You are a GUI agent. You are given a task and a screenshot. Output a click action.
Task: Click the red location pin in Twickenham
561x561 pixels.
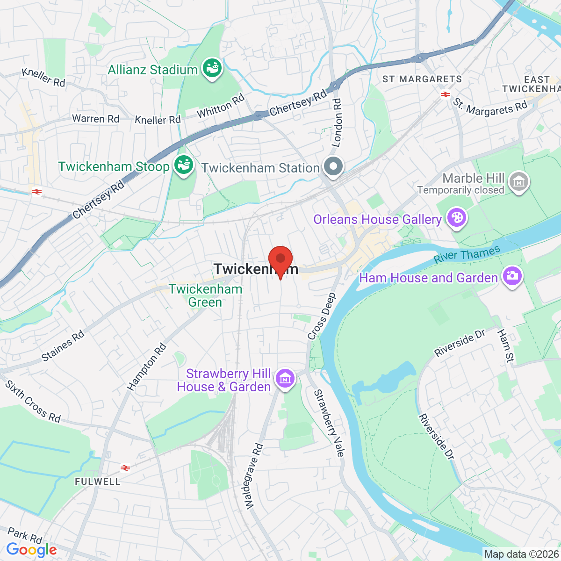coord(280,259)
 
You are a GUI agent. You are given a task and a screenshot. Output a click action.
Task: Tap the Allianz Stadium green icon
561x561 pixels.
coord(212,68)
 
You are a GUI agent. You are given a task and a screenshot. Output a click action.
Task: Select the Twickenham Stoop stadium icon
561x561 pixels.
coord(183,165)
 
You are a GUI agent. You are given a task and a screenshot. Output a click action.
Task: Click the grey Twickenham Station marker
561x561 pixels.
coord(333,166)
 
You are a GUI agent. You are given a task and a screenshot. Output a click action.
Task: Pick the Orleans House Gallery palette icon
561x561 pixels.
coord(456,218)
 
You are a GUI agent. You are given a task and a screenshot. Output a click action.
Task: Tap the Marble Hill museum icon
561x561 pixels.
coord(518,181)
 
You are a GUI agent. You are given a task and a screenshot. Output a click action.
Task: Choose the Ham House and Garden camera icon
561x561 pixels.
coord(512,276)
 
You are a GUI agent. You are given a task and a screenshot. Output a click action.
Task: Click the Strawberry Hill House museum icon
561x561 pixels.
coord(285,378)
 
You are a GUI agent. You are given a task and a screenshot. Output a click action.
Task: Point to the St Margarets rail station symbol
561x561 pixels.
coord(445,94)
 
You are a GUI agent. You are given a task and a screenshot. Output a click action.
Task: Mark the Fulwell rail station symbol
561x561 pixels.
coord(125,467)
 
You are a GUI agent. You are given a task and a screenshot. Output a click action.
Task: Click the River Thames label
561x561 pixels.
coord(467,255)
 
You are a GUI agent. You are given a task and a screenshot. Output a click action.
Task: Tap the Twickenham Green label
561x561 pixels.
coord(206,295)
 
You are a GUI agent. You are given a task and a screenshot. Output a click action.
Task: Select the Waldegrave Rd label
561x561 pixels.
coord(254,476)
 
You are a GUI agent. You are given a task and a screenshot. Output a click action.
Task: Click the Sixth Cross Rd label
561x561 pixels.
coord(33,402)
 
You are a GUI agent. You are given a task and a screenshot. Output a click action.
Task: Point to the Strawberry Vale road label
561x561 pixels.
coord(329,423)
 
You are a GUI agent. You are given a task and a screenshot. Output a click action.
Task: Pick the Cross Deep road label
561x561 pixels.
coord(322,316)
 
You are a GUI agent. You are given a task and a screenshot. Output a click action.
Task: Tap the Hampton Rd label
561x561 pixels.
coord(147,367)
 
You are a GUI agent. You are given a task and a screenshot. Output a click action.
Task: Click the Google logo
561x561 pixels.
coord(31,550)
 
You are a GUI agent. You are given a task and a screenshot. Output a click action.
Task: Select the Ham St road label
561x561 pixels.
coord(505,345)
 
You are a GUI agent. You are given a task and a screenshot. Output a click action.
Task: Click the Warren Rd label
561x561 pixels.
coord(95,119)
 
